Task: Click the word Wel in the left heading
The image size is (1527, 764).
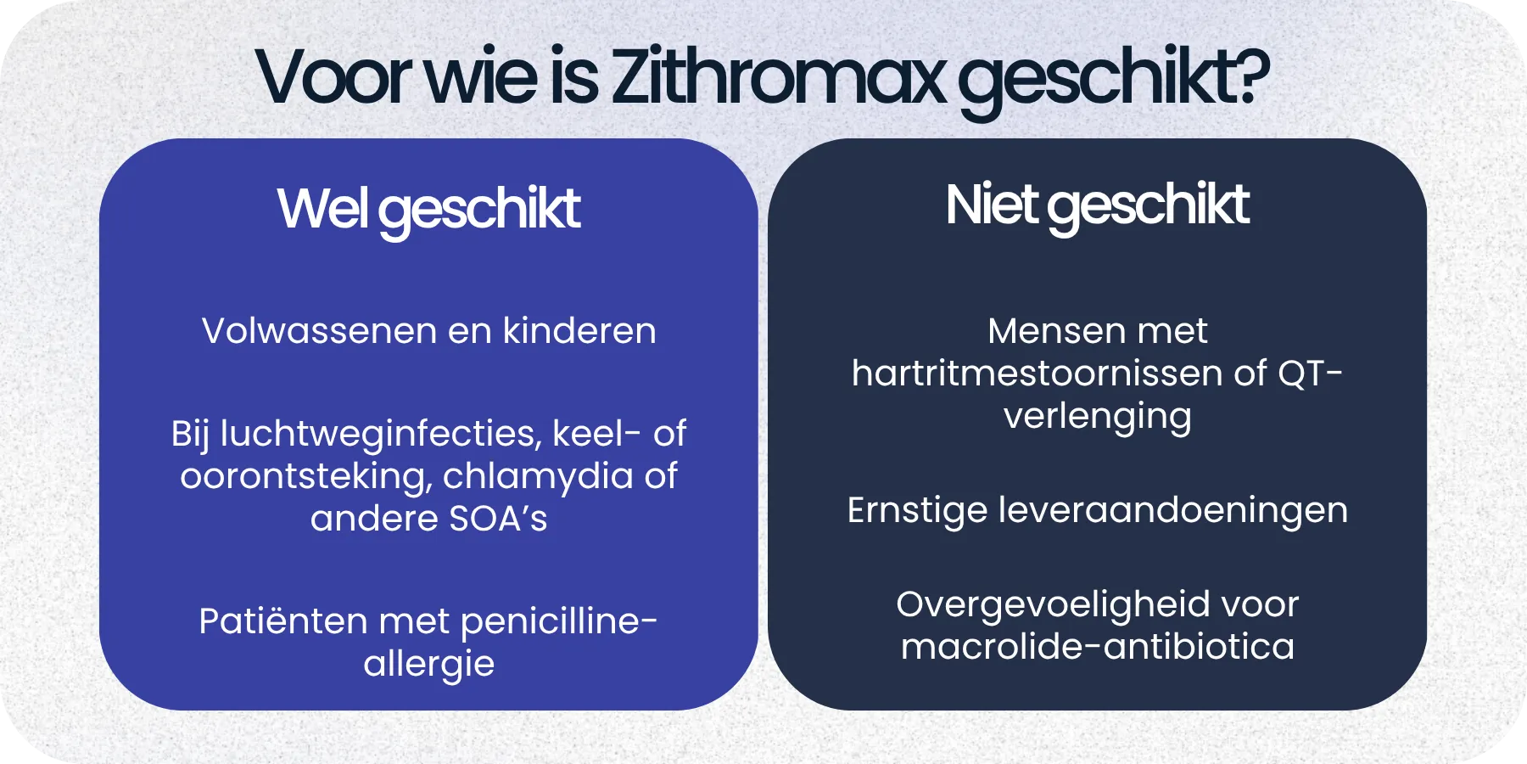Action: coord(322,209)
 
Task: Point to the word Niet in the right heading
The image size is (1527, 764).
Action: coord(991,205)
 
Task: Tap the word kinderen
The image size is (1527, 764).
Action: coord(579,331)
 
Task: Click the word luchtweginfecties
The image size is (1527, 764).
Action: coord(379,435)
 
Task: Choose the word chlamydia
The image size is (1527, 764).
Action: coord(538,477)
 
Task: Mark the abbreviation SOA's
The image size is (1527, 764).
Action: coord(498,519)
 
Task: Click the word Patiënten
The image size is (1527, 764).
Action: coord(283,621)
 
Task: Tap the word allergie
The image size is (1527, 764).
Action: coord(428,665)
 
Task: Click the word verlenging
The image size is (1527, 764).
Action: coord(1097,417)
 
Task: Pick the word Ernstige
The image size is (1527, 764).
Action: coord(917,510)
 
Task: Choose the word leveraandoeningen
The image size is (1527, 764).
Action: coord(1172,510)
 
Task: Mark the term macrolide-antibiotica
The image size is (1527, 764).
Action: coord(1097,647)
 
